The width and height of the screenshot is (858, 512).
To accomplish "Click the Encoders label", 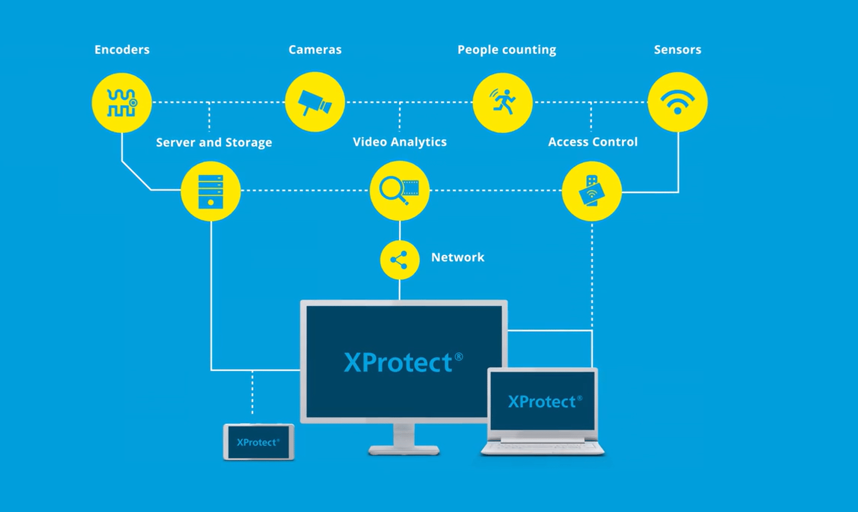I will click(x=122, y=50).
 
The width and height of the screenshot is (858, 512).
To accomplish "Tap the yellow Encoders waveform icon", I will click(x=122, y=103).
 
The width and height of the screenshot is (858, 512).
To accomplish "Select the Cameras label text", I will click(x=315, y=50).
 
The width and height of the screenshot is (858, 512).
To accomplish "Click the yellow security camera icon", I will click(x=315, y=102).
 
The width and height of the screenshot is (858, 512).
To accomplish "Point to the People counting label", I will click(x=507, y=50).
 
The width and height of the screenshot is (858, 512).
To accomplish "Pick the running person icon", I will click(x=503, y=103).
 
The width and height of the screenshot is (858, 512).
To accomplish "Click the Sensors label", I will click(x=677, y=50).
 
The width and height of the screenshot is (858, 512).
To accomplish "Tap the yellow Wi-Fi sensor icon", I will click(x=678, y=102).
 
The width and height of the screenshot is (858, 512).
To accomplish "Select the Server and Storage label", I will click(x=214, y=143).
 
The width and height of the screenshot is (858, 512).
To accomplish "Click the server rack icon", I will click(x=211, y=191).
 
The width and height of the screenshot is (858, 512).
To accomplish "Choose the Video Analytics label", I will click(x=400, y=142).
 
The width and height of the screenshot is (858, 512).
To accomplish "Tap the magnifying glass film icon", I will click(x=400, y=190).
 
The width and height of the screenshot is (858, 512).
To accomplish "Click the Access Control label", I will click(x=593, y=142).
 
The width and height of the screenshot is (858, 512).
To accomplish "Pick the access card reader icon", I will click(x=592, y=191).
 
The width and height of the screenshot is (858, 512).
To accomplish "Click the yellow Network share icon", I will click(x=400, y=260).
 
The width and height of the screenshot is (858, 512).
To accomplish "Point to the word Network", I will click(x=457, y=257).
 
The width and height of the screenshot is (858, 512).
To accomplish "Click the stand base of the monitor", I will click(x=404, y=450).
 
